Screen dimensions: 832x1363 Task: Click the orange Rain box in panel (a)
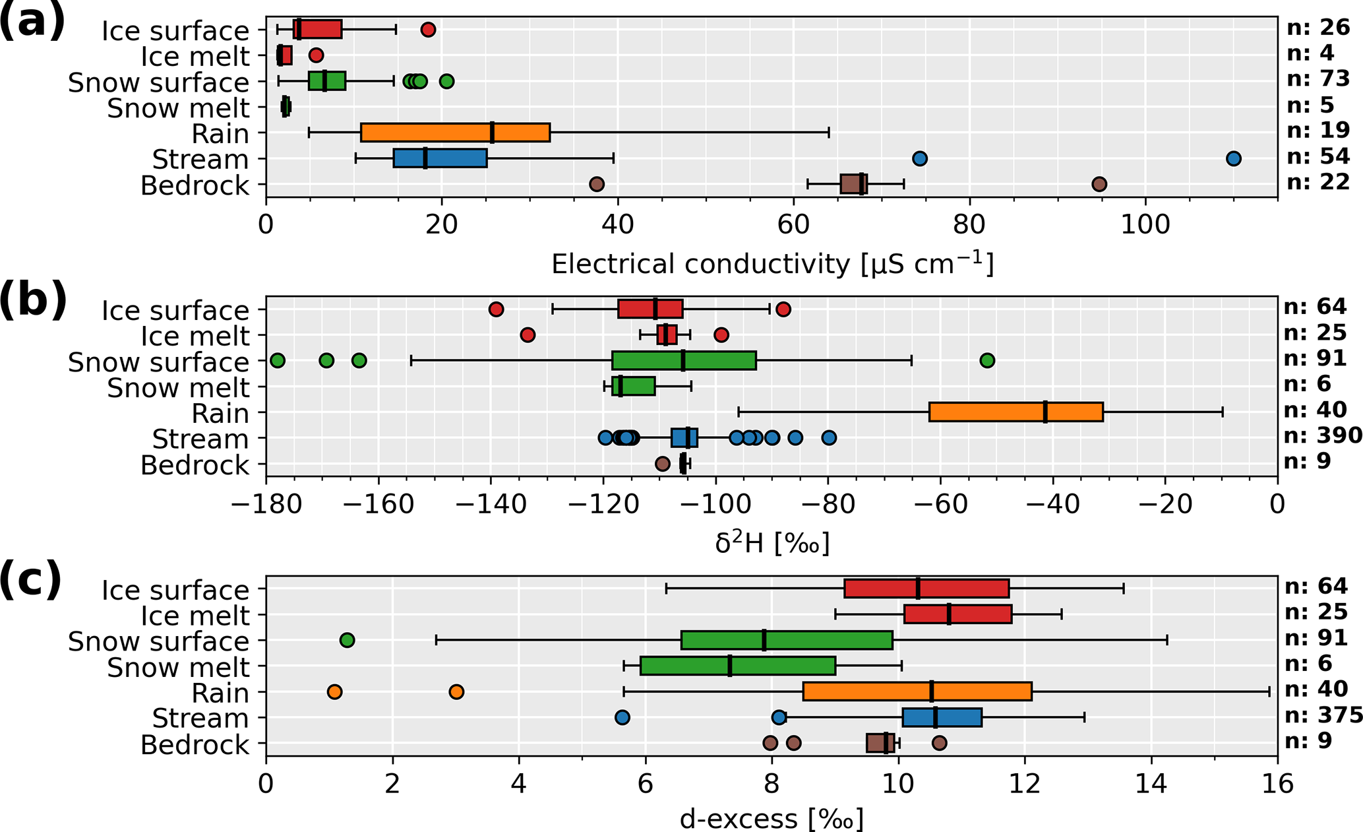[455, 133]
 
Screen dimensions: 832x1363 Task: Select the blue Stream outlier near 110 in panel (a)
[1234, 158]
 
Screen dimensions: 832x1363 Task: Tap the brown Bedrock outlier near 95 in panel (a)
[1099, 184]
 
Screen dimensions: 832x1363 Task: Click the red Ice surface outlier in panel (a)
[429, 30]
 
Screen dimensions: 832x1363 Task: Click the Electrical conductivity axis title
[772, 264]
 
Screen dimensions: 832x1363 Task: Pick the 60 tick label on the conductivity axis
[793, 224]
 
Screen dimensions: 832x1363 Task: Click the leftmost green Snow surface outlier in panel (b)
[278, 360]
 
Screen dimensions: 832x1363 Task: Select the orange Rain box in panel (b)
[1016, 412]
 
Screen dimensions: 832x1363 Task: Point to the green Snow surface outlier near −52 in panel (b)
[987, 360]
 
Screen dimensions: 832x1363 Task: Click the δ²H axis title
[772, 543]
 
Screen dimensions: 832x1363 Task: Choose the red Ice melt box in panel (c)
[957, 614]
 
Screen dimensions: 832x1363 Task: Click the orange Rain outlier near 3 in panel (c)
[456, 691]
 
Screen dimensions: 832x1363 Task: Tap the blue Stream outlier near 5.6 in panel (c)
[622, 717]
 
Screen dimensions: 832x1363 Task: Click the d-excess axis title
[772, 819]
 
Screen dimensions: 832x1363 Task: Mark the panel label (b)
[33, 300]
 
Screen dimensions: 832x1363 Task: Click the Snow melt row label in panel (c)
[178, 667]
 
